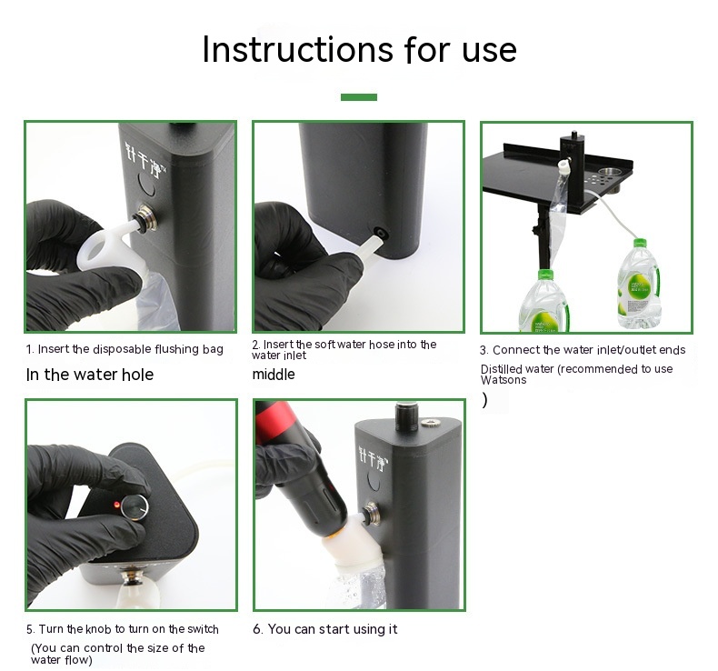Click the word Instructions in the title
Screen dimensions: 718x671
point(297,49)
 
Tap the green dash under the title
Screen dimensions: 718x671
point(358,96)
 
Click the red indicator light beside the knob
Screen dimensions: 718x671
point(116,505)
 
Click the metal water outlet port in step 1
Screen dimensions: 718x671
point(145,217)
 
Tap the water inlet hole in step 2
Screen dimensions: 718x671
point(380,234)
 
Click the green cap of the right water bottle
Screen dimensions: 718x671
point(640,244)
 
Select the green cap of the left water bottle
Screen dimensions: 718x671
point(545,275)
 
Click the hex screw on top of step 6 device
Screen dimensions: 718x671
point(429,422)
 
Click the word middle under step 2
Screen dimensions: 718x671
point(274,375)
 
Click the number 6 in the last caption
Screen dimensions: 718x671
point(258,629)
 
